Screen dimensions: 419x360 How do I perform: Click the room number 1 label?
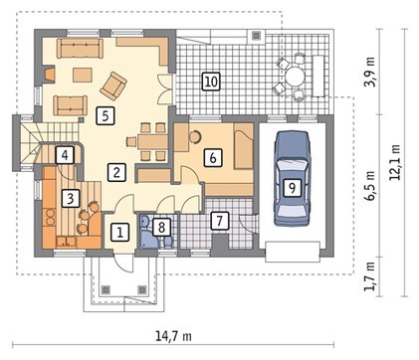pos(119,232)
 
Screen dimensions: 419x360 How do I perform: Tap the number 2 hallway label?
pos(116,172)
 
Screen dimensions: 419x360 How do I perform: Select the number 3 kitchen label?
pos(71,198)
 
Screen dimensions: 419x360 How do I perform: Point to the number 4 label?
pos(65,155)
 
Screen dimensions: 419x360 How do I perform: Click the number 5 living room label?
pos(105,116)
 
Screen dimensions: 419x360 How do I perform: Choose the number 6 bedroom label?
pos(213,157)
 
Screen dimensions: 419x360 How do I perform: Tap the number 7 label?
pos(219,220)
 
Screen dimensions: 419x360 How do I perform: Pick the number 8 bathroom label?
pos(161,227)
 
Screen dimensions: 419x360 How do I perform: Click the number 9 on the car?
pos(292,188)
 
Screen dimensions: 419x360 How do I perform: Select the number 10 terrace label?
pos(211,82)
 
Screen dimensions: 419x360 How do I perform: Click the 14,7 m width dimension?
pos(173,336)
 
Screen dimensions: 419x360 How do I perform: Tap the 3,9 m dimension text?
pos(370,72)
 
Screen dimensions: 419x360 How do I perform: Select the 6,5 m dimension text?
pos(370,186)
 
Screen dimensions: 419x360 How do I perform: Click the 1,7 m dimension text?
pos(370,276)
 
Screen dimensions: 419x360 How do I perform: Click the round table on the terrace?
pos(295,77)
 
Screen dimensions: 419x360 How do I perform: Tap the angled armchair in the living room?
pos(113,86)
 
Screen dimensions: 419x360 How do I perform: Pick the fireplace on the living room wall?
pos(49,74)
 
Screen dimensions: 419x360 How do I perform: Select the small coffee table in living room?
pos(82,75)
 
